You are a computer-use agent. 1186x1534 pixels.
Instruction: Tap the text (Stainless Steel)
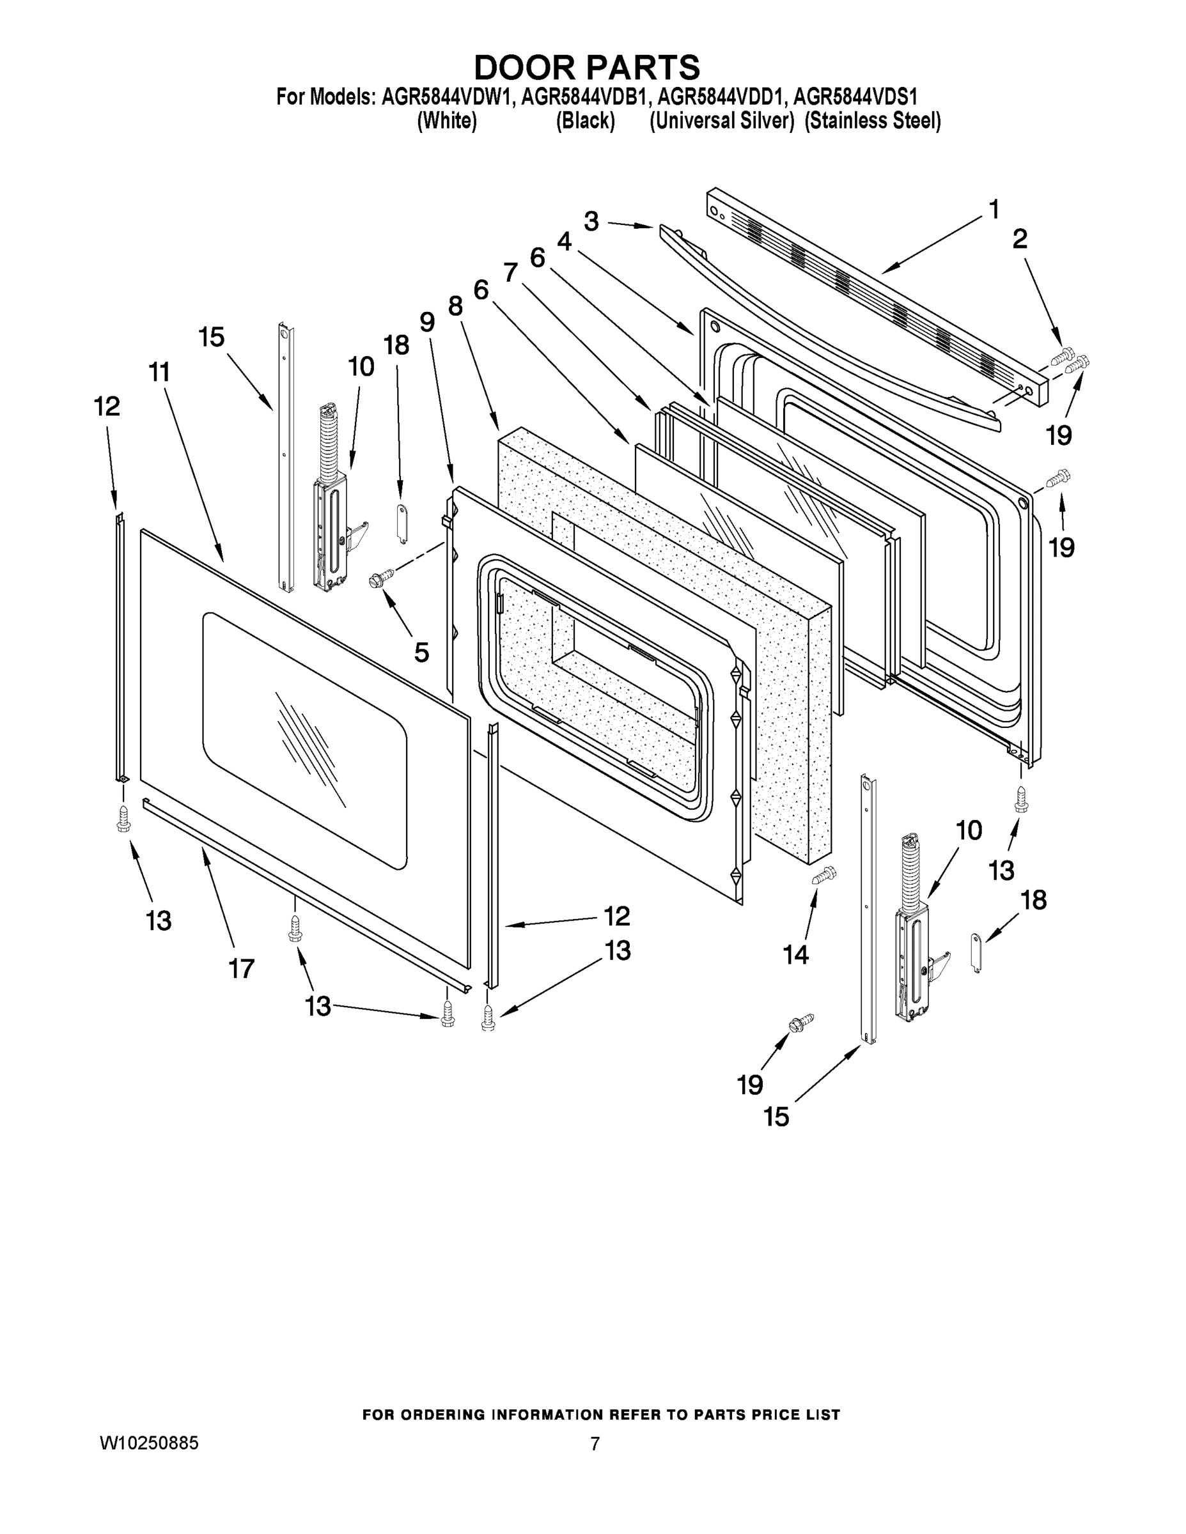point(872,121)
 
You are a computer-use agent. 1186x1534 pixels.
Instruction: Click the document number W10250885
point(149,1443)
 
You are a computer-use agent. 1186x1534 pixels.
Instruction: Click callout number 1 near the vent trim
point(994,208)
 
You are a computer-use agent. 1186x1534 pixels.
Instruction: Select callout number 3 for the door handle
point(591,221)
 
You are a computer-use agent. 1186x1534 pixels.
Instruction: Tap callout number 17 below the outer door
point(241,968)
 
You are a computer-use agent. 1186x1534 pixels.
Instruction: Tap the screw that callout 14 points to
point(824,875)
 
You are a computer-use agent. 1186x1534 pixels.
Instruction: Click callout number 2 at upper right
point(1020,240)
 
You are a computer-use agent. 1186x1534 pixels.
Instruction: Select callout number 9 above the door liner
point(427,322)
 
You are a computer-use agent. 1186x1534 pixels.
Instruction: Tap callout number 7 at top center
point(511,272)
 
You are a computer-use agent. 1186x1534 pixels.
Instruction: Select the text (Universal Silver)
point(722,121)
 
